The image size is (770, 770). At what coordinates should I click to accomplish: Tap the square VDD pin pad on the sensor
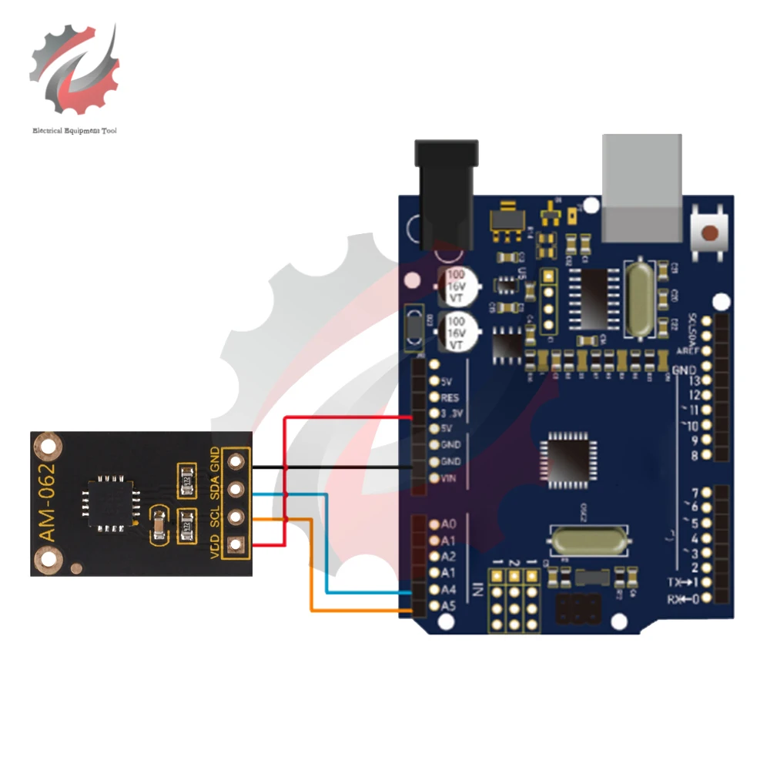[236, 544]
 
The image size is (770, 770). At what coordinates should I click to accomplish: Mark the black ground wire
[331, 467]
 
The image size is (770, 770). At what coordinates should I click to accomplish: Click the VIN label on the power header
[449, 478]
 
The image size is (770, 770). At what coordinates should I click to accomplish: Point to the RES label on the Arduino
[450, 398]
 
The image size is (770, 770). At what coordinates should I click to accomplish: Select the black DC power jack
[447, 192]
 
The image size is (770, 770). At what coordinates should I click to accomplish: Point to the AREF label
[688, 351]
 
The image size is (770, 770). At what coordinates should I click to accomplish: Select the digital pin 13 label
[694, 380]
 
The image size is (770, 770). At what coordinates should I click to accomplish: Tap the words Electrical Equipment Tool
[75, 131]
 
